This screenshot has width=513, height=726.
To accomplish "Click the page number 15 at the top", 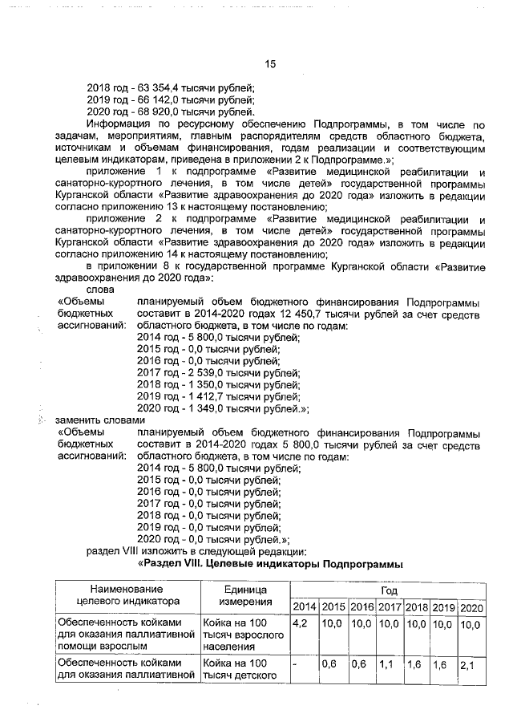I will [x=270, y=65].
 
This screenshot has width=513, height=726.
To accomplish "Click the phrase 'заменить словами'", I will [x=99, y=420].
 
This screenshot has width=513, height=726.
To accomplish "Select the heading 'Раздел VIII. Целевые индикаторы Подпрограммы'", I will [x=270, y=564].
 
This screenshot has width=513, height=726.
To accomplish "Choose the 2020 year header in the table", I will [x=472, y=606].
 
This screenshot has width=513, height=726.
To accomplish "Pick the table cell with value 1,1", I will [x=387, y=665].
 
